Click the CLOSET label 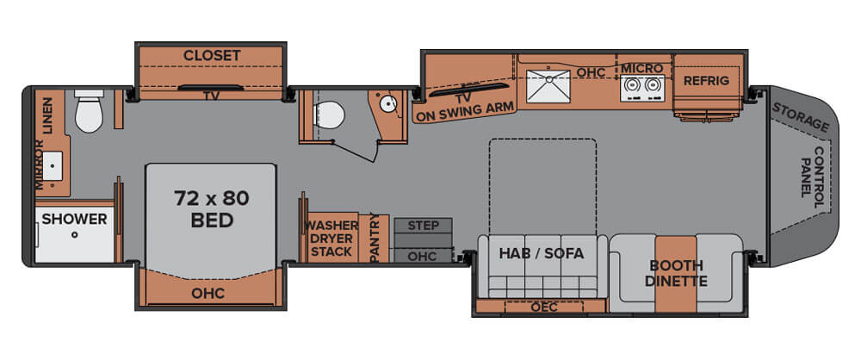coord(212,55)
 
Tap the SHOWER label coord(74,219)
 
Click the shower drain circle coord(74,234)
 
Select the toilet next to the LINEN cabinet coord(89,111)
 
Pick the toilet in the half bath coord(329,115)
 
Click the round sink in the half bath coord(389,104)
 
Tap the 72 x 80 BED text coord(212,209)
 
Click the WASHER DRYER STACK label coord(331,239)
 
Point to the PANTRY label coord(375,238)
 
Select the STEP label coord(424,226)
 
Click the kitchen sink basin coord(548,86)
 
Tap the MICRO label coord(642,68)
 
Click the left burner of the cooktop coord(632,86)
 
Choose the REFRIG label coord(706,81)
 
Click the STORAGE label coord(801,117)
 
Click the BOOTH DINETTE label coord(676,273)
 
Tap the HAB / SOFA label coord(541,253)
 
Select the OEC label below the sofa coord(543,307)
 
